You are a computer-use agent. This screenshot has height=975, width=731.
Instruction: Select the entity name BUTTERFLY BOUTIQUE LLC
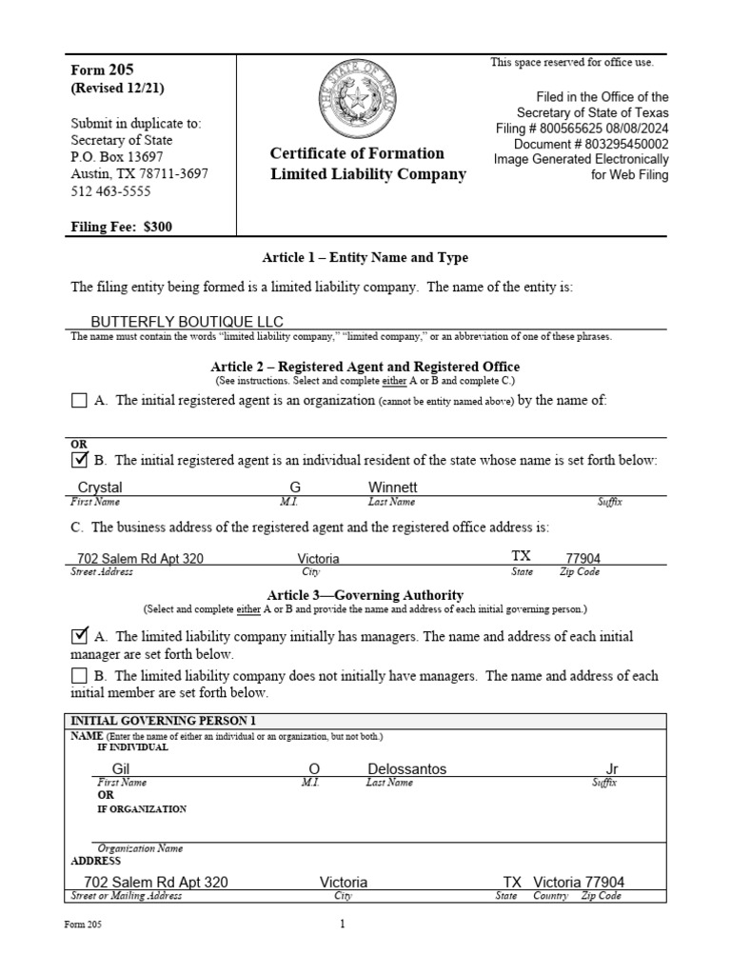coord(187,322)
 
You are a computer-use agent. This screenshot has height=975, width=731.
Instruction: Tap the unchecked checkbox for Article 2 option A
coord(79,401)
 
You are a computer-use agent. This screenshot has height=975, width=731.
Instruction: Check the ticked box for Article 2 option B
coord(79,461)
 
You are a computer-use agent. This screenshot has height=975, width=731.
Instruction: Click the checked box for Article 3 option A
coord(80,636)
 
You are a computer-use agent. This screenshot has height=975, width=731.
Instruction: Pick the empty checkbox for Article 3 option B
coord(79,676)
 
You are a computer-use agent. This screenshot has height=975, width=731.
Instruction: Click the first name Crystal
coord(100,487)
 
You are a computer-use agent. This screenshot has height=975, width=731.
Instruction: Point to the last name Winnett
coord(392,487)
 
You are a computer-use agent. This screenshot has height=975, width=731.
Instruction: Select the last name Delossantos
coord(406,768)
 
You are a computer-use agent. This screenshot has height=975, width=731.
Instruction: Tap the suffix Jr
coord(612,768)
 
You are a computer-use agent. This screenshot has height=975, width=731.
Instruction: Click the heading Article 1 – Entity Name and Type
coord(365,258)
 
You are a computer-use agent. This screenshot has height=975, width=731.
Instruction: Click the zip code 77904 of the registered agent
coord(583,559)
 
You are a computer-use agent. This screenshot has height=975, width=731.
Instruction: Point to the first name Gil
coord(120,768)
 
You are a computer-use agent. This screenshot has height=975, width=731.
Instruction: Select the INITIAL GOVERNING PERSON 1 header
coord(164,721)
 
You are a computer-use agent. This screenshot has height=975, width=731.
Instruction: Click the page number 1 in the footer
coord(342,924)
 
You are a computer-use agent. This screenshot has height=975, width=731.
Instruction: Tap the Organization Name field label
coord(140,848)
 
